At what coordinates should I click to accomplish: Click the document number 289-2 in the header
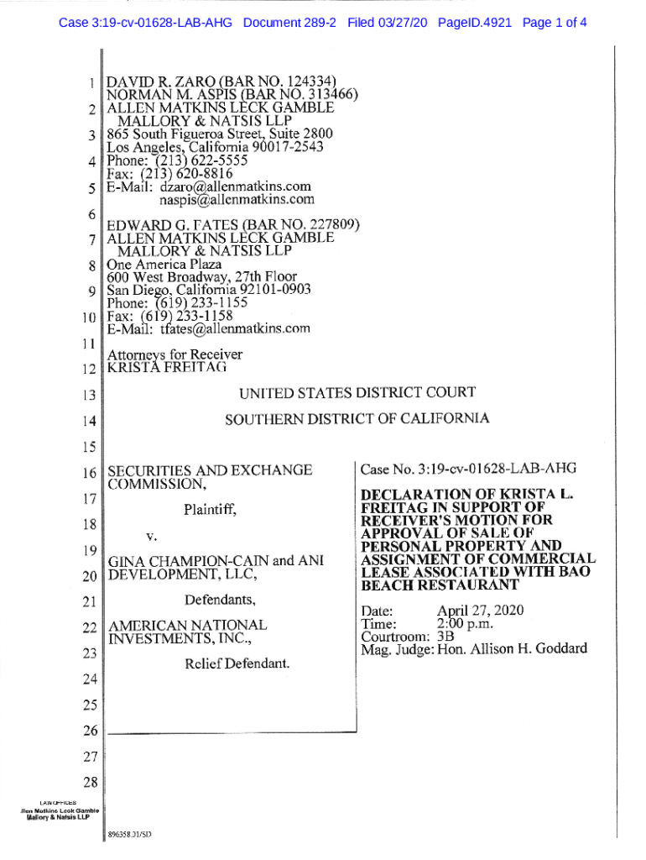point(313,23)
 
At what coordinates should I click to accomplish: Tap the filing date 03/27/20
point(400,23)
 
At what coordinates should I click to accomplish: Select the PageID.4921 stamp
point(475,23)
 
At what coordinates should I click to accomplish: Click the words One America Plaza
point(164,264)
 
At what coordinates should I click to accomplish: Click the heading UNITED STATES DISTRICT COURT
point(357,392)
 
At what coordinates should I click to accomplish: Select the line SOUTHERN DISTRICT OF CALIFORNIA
point(357,418)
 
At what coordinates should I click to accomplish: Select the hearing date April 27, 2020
point(480,610)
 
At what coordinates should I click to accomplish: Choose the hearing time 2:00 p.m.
point(465,623)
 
